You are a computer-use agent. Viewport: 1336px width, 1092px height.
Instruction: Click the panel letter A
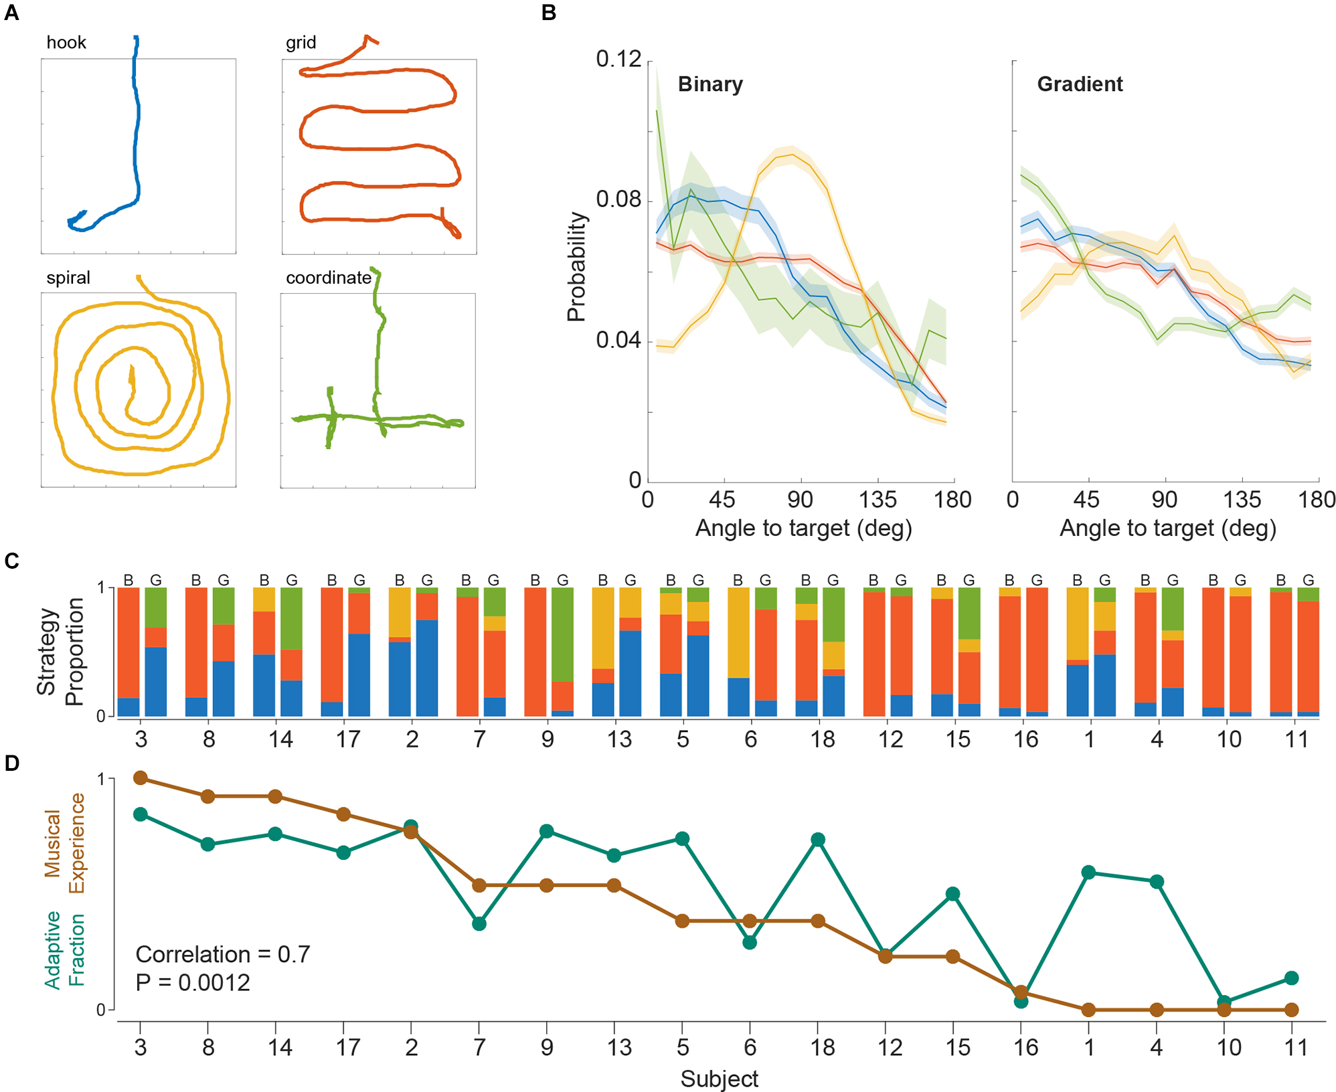11,13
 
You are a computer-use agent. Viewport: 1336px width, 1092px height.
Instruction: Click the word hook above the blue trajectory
66,43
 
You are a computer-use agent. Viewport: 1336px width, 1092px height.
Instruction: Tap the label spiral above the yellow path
68,278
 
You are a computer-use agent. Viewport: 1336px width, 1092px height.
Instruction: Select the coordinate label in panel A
328,278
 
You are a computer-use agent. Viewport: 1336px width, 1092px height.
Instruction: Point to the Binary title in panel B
710,84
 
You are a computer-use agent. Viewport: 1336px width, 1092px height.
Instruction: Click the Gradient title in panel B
1080,84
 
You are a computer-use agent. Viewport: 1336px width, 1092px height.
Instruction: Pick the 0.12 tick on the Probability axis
618,60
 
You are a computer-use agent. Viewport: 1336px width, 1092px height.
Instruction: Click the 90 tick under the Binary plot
800,500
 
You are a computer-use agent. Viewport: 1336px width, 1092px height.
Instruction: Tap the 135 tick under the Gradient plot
1242,500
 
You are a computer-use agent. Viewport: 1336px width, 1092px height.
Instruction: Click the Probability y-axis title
576,267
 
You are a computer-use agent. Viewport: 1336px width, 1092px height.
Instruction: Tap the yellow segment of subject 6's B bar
738,632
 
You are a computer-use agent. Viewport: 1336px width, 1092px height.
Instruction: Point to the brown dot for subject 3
141,778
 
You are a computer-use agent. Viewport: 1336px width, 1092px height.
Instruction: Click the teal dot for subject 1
1088,873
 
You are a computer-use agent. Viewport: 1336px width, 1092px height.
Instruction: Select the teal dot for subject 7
479,923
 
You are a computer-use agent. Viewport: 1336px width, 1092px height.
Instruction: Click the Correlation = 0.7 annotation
223,954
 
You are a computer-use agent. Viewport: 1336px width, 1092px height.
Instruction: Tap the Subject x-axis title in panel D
719,1079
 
